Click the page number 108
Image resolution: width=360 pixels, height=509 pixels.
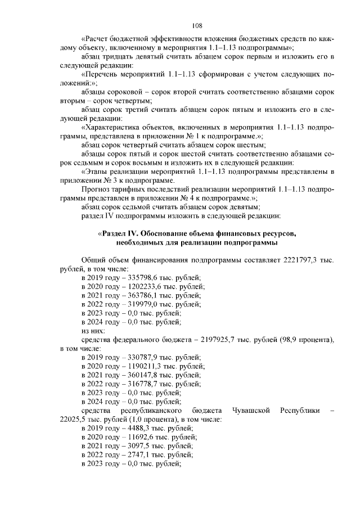click(x=197, y=25)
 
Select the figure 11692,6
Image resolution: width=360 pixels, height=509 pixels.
click(x=134, y=437)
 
